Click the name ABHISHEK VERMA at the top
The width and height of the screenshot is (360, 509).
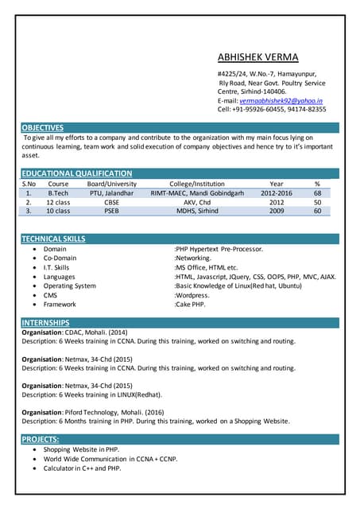(257, 57)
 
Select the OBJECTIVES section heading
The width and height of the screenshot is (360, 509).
(43, 127)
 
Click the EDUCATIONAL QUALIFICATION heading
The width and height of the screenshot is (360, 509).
(76, 173)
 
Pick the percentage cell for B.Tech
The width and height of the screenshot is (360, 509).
(317, 192)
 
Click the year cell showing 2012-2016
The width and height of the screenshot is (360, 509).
(276, 192)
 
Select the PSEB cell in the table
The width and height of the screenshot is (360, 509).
(111, 212)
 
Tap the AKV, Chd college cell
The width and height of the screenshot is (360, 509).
(197, 202)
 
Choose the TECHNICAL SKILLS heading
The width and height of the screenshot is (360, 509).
(53, 239)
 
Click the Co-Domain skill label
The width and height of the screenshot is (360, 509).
(60, 258)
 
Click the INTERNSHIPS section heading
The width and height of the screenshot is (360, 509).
(45, 322)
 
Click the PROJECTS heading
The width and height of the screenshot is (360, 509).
(41, 439)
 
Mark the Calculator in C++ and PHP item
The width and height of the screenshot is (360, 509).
(82, 468)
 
